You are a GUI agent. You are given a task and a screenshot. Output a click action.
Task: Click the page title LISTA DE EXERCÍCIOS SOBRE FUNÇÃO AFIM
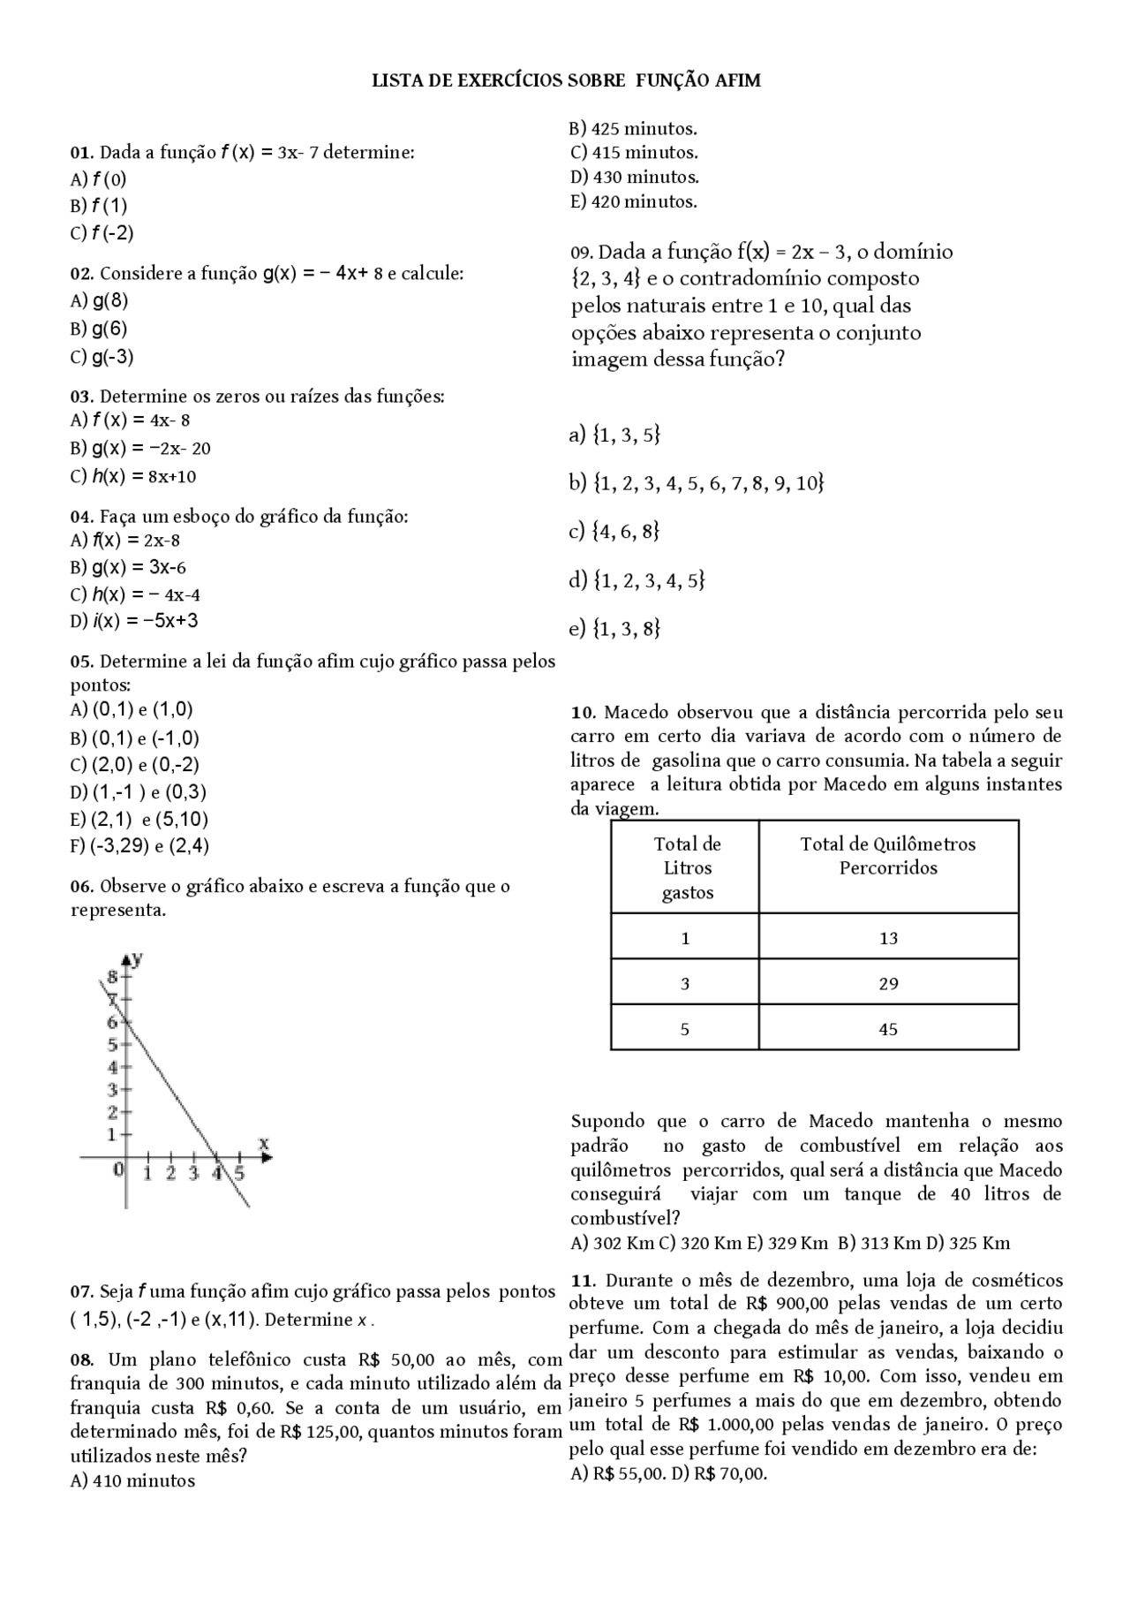(566, 81)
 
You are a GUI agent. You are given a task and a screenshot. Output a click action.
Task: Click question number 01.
(82, 153)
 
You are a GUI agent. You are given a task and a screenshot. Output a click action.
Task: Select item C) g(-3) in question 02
(102, 357)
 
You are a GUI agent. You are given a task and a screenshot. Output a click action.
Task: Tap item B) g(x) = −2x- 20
(140, 448)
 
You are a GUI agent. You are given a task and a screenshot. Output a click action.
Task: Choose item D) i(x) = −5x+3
(134, 621)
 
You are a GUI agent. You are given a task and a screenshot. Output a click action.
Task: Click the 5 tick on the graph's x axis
(239, 1173)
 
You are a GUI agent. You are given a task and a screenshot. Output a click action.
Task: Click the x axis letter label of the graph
(263, 1143)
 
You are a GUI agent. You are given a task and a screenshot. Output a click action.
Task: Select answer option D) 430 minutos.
(635, 178)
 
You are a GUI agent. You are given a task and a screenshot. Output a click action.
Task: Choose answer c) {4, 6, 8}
(614, 531)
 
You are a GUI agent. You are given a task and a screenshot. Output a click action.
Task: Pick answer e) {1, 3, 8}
(614, 628)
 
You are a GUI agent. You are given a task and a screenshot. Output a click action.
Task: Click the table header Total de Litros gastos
(687, 867)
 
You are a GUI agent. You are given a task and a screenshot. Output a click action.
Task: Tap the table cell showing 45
(888, 1029)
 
